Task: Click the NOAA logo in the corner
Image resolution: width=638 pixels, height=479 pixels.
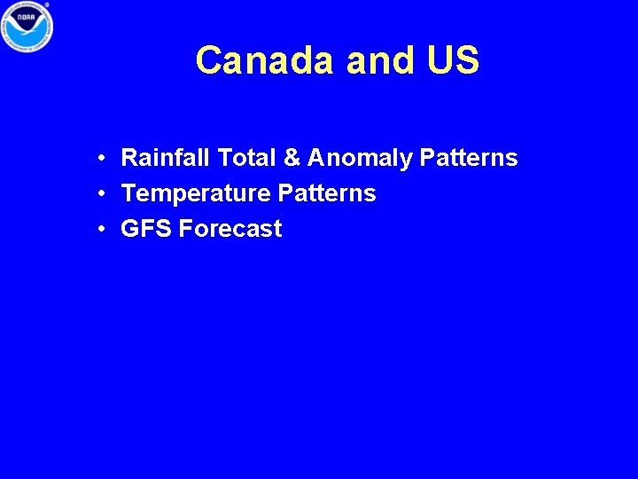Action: (27, 27)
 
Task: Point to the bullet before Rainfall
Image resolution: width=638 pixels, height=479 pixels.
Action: (104, 159)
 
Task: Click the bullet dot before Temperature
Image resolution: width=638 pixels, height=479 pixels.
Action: (104, 193)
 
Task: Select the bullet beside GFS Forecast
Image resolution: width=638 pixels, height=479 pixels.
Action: (104, 229)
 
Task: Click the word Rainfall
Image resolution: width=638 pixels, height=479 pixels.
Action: (166, 159)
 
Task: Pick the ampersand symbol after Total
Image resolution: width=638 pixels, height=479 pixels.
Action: (292, 159)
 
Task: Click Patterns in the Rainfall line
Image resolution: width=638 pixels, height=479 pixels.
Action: (469, 159)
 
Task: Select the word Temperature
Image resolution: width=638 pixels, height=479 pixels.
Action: (196, 193)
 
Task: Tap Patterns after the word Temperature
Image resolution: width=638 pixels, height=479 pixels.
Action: (327, 193)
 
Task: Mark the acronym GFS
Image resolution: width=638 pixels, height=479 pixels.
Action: (146, 229)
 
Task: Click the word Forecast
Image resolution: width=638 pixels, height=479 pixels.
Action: (230, 229)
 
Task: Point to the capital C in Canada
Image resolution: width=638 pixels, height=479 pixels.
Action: (209, 60)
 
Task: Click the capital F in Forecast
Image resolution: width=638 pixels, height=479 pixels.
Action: (185, 229)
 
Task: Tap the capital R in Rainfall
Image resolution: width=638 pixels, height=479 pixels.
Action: (129, 159)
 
